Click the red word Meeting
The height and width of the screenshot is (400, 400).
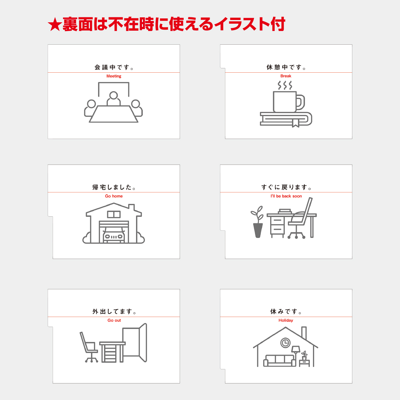114,76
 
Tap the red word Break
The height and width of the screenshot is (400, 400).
286,76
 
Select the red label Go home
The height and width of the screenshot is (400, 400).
114,196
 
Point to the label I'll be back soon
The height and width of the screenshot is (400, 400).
286,196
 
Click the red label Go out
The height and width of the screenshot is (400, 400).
114,320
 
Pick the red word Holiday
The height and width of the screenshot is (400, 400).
286,320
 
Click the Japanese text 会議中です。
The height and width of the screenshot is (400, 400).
114,67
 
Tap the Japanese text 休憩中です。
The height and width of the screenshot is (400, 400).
286,67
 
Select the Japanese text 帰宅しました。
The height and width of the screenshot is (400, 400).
114,187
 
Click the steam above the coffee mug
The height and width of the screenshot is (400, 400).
285,86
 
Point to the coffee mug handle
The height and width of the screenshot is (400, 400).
301,102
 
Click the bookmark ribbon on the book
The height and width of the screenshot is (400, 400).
295,123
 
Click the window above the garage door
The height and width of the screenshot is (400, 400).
114,214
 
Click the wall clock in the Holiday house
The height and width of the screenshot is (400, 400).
285,342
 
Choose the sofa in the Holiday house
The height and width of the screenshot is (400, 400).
279,361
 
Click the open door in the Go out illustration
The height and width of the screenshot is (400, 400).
143,343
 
